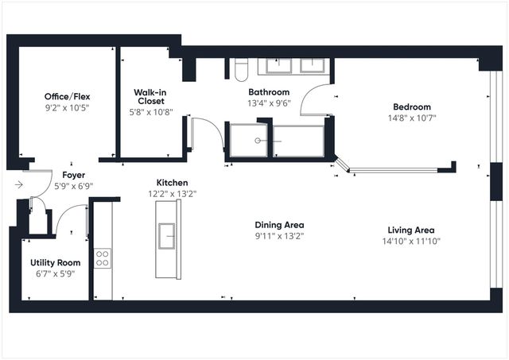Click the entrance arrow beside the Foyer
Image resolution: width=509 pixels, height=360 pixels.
coord(18,185)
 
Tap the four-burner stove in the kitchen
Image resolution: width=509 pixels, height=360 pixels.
coord(103,257)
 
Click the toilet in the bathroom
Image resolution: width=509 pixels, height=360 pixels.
coord(242,70)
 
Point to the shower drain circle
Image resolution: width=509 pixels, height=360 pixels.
coord(257,141)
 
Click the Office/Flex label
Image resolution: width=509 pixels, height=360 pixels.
coord(67,96)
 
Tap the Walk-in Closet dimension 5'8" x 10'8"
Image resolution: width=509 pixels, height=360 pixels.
coord(150,112)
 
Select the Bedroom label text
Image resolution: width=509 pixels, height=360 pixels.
coord(411,107)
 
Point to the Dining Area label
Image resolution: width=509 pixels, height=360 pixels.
coord(279,225)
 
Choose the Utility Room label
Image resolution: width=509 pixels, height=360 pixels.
coord(56,262)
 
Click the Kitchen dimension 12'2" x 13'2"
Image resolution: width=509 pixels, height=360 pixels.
coord(172,193)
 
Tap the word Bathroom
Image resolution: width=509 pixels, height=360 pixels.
coord(269,92)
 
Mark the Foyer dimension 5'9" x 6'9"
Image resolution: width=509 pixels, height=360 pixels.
coord(73,186)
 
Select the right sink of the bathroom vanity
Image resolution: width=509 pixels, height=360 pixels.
coord(316,65)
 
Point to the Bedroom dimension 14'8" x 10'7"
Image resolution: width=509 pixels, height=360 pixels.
coord(411,118)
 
